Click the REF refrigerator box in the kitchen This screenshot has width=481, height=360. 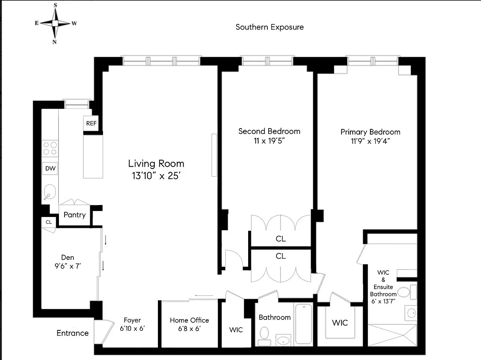(91, 123)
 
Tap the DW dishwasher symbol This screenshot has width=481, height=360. (50, 168)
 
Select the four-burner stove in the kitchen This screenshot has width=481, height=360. (50, 149)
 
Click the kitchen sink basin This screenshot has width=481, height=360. (50, 192)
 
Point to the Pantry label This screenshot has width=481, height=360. (75, 215)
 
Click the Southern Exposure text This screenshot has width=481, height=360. (269, 27)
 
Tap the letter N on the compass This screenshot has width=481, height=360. (55, 42)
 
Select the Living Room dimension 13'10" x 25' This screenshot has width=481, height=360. (156, 176)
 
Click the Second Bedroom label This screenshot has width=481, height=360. (269, 131)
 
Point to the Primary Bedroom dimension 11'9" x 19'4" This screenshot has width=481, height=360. (370, 141)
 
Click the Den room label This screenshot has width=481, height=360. (67, 257)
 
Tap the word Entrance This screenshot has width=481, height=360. (73, 333)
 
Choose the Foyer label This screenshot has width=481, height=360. (132, 320)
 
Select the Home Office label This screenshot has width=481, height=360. (189, 320)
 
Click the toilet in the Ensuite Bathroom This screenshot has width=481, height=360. (407, 292)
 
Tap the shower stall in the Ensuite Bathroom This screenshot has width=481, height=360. (392, 335)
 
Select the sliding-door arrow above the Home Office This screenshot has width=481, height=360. (204, 296)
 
